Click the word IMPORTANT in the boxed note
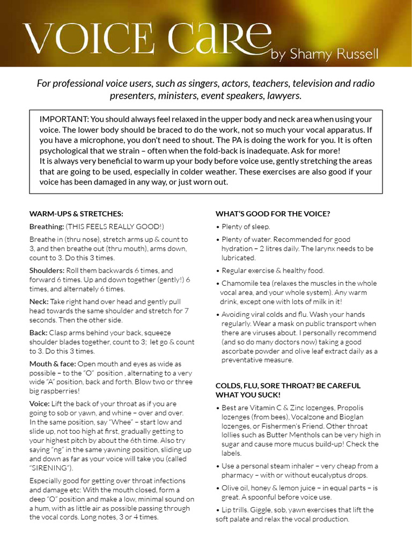coord(63,118)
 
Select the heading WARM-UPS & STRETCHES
coord(76,213)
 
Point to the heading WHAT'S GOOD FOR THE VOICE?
coord(273,213)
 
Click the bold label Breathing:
coord(47,227)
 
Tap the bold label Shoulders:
coord(48,270)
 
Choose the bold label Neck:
coord(39,301)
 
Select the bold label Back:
coord(39,333)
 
